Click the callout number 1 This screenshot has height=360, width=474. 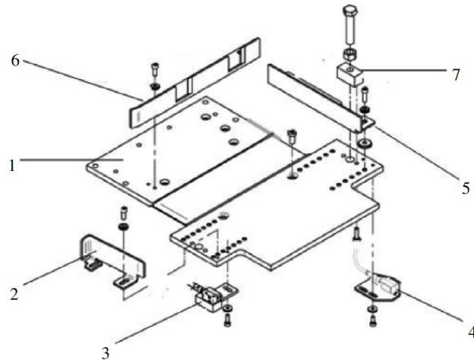(x=12, y=166)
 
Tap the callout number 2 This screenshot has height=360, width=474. (x=14, y=294)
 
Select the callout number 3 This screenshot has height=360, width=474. (x=105, y=352)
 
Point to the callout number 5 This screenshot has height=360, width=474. (x=466, y=188)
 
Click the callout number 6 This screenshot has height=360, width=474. (x=15, y=61)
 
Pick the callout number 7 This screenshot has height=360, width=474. (x=457, y=74)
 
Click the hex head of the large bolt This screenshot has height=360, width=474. (x=350, y=10)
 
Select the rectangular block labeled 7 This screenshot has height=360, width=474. (x=349, y=74)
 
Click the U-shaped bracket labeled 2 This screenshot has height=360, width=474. (x=112, y=259)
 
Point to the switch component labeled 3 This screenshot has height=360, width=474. (x=214, y=296)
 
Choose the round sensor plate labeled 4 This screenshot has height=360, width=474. (x=379, y=287)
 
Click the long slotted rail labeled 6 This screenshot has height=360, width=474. (x=195, y=83)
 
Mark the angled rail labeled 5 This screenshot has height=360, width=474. (x=321, y=98)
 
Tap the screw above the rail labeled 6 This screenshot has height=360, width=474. (x=155, y=70)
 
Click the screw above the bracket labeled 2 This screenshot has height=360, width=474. (x=125, y=213)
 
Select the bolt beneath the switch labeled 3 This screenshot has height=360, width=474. (x=227, y=321)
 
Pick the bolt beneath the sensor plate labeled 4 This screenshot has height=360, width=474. (x=373, y=321)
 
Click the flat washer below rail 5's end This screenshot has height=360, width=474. (x=364, y=142)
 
